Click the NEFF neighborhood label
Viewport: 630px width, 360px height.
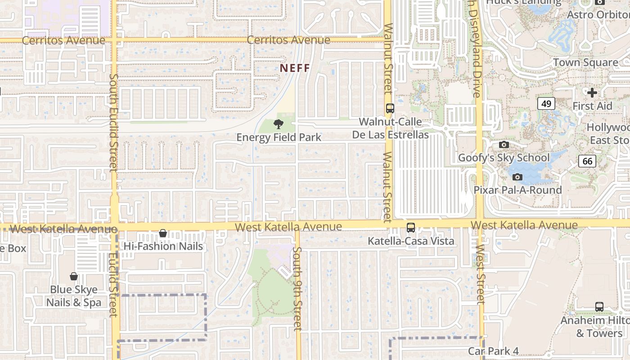(x=295, y=68)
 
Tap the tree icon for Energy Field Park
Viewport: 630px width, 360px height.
(x=279, y=124)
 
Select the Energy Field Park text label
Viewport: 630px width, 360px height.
(x=279, y=137)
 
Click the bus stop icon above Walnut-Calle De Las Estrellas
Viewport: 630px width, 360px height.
(x=390, y=108)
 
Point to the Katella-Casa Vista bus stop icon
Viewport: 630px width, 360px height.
(x=411, y=228)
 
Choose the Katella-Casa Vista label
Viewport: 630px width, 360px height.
(x=411, y=241)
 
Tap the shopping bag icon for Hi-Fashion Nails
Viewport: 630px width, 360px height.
(x=163, y=233)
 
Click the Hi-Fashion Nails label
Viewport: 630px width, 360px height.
(x=163, y=246)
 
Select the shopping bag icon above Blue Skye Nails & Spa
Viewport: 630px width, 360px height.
(x=74, y=276)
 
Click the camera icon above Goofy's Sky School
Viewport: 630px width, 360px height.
(x=504, y=144)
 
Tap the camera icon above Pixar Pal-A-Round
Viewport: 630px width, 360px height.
(x=517, y=177)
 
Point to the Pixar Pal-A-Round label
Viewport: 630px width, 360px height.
(x=517, y=190)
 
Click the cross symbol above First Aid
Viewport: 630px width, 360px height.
(x=592, y=93)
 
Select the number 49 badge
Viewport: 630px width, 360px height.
(x=546, y=104)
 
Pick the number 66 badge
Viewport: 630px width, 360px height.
(x=587, y=161)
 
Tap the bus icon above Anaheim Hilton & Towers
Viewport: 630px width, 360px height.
(x=599, y=307)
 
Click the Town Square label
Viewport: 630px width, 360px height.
(x=585, y=63)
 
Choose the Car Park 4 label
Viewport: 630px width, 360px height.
(x=493, y=351)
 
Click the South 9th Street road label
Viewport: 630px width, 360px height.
(x=297, y=288)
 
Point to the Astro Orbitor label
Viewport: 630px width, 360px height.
(x=598, y=15)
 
